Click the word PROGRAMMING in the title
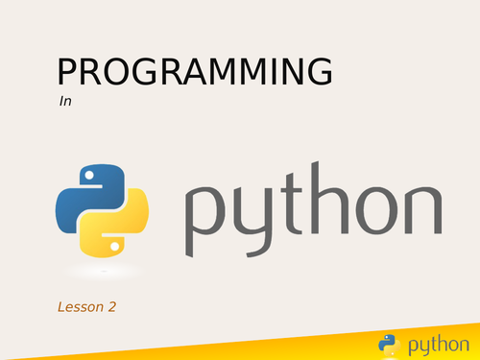click(x=195, y=74)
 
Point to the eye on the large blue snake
click(x=88, y=177)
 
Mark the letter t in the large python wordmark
click(x=292, y=207)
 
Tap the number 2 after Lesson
click(x=113, y=307)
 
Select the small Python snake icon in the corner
click(x=388, y=343)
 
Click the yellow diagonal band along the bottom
click(x=288, y=348)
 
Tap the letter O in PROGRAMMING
click(x=118, y=74)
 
